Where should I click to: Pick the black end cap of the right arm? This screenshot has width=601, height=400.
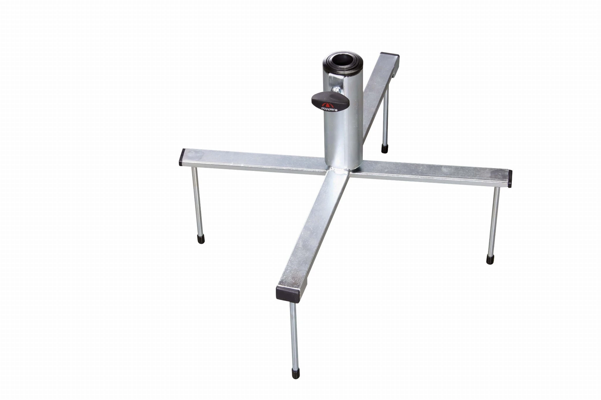click(510, 179)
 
